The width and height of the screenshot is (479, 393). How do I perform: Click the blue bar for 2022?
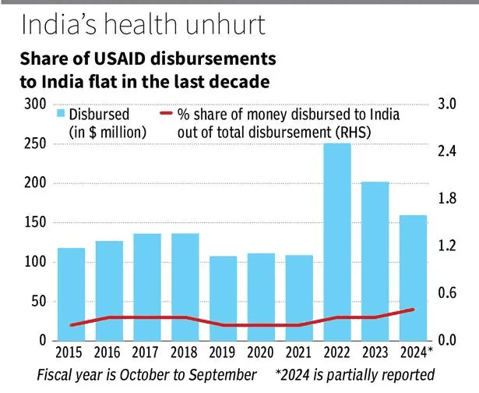pos(337,242)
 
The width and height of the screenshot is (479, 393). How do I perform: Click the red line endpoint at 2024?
pos(413,310)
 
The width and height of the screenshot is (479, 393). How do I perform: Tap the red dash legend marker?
pos(165,115)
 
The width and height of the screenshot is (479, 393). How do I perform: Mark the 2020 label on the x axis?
pos(261,352)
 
